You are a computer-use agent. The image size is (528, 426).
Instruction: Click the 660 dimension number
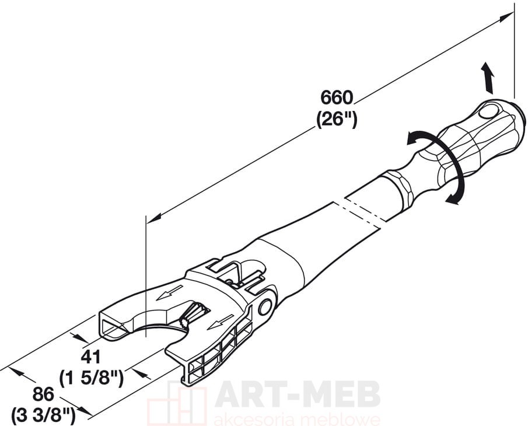pyautogui.click(x=337, y=98)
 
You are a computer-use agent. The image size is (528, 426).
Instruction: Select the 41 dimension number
pyautogui.click(x=90, y=357)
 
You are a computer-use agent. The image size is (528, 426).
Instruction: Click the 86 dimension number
pyautogui.click(x=43, y=394)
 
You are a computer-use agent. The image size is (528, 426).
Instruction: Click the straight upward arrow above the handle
pyautogui.click(x=487, y=78)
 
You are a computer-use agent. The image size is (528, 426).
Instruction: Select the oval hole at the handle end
pyautogui.click(x=488, y=112)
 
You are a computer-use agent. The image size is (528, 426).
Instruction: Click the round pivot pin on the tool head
pyautogui.click(x=265, y=307)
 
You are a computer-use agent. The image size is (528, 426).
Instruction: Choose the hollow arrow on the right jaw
pyautogui.click(x=221, y=322)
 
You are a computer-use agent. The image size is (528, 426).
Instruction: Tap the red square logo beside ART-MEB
pyautogui.click(x=177, y=403)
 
